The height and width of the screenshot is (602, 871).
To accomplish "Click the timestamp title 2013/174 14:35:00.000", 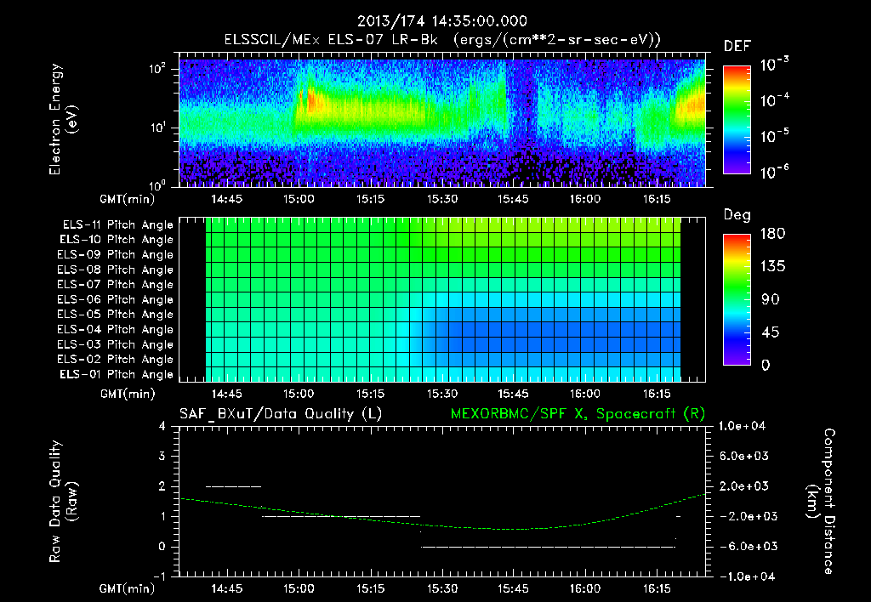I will coord(441,21).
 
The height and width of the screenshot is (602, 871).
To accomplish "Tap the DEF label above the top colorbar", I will coord(737,46).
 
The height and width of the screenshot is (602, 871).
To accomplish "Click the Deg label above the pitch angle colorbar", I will coord(737,215).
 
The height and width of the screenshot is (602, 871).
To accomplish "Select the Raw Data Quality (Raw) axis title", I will coord(64,501).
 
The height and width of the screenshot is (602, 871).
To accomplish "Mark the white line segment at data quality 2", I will coord(233,486).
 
